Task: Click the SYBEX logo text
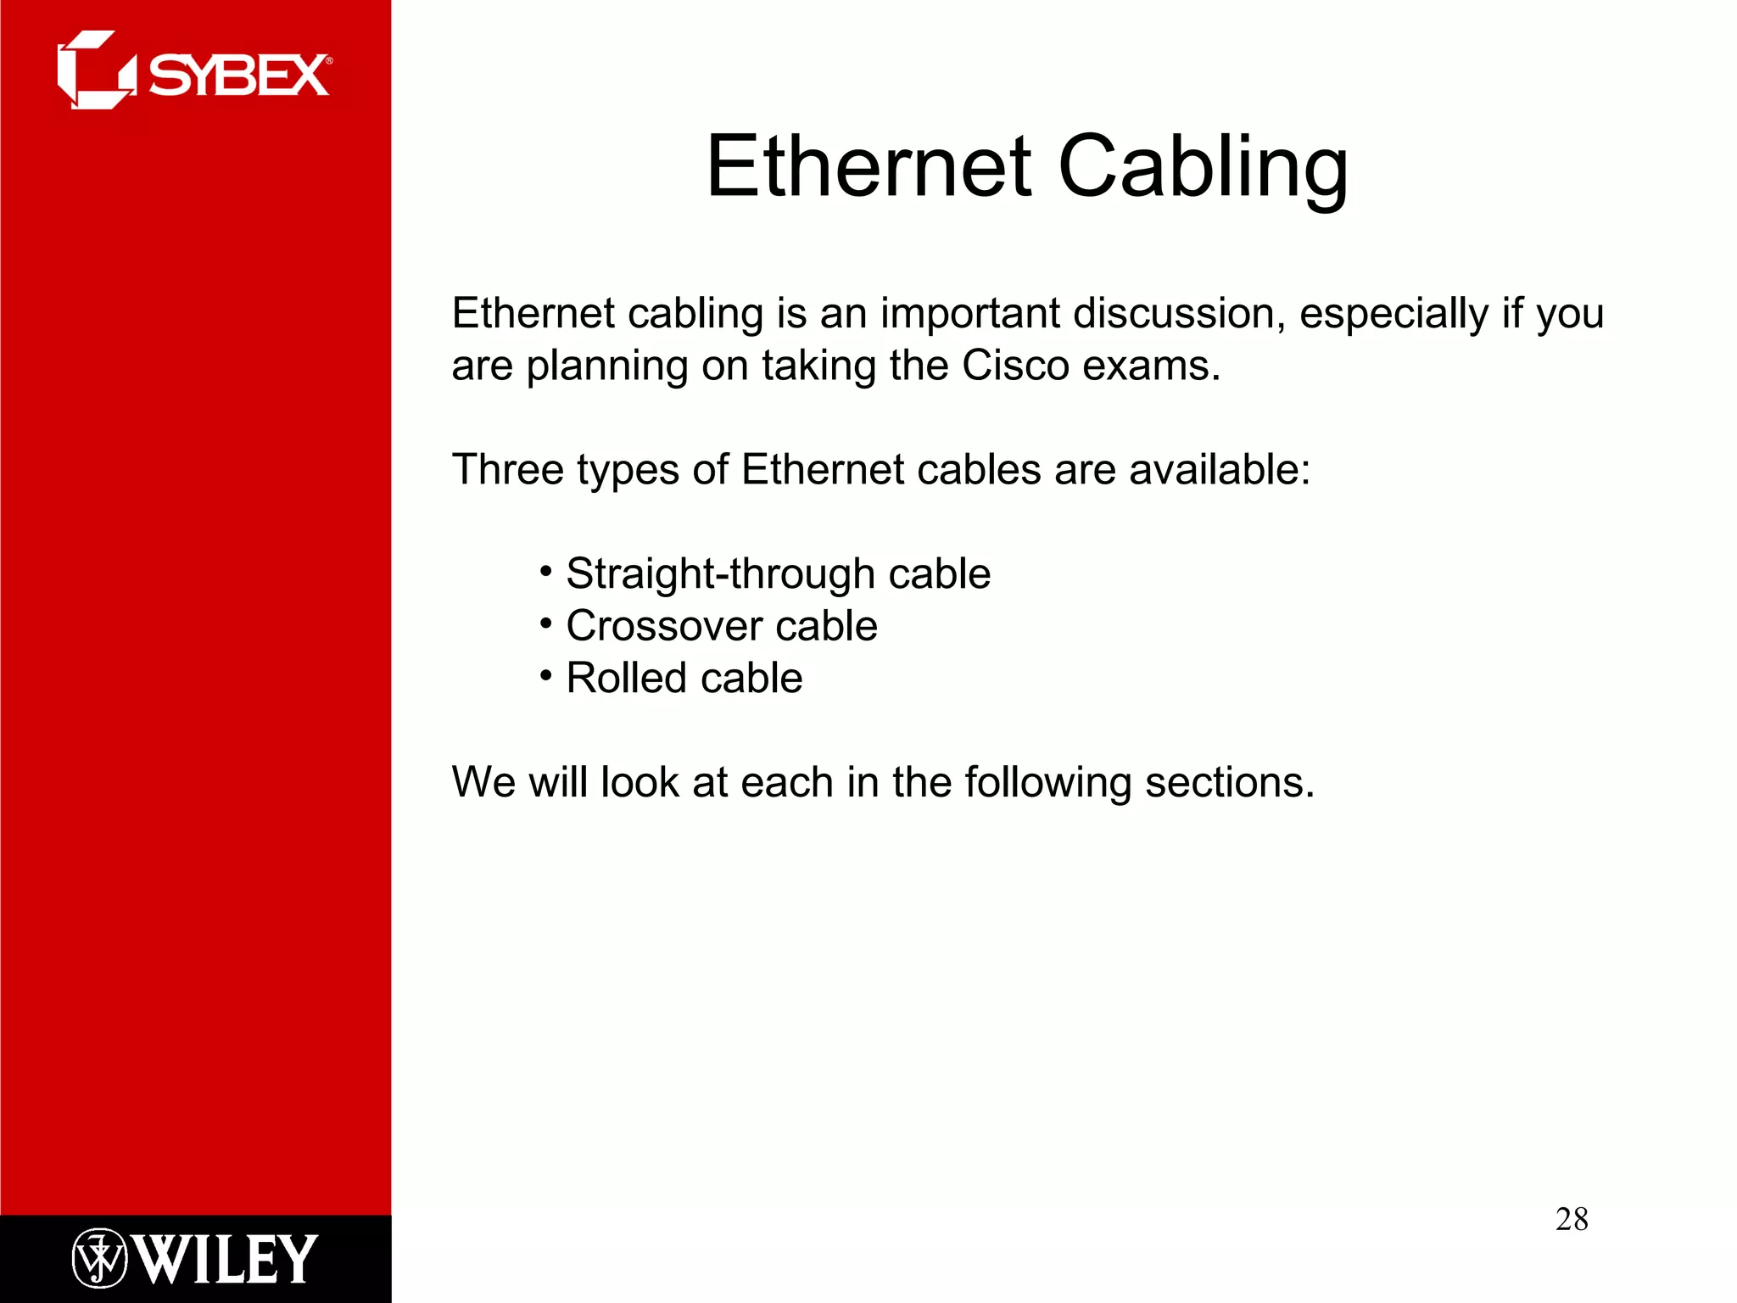pyautogui.click(x=238, y=75)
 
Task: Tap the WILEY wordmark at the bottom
pyautogui.click(x=226, y=1258)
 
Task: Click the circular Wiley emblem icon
pyautogui.click(x=99, y=1258)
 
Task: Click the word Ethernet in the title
pyautogui.click(x=868, y=167)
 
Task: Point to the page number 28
pyautogui.click(x=1572, y=1219)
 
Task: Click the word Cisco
pyautogui.click(x=1015, y=366)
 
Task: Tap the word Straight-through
pyautogui.click(x=720, y=574)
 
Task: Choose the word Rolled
pyautogui.click(x=626, y=678)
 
